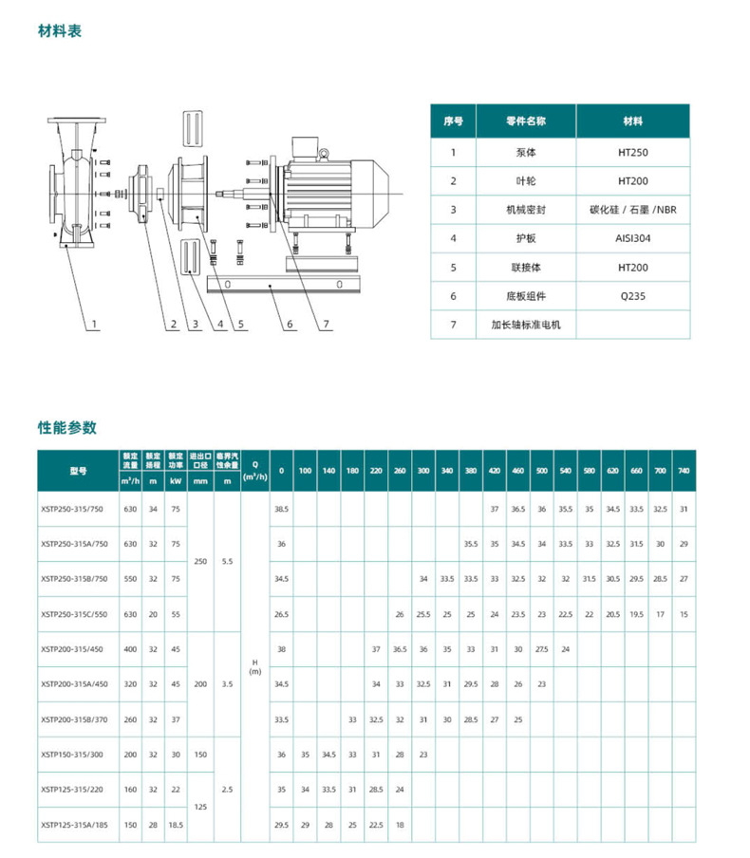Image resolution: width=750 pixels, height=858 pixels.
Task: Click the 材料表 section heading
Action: pyautogui.click(x=60, y=31)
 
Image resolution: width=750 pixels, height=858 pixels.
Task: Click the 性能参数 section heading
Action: pyautogui.click(x=67, y=427)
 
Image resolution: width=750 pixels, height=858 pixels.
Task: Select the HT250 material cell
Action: pyautogui.click(x=632, y=152)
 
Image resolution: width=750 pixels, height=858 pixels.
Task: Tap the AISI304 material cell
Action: pyautogui.click(x=632, y=239)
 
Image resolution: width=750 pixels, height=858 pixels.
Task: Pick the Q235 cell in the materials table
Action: pyautogui.click(x=632, y=296)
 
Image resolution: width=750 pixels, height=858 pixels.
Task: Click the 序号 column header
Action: pyautogui.click(x=453, y=122)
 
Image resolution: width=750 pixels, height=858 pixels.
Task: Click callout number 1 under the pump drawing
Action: pyautogui.click(x=96, y=325)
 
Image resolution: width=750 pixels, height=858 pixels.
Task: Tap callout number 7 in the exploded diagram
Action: pyautogui.click(x=326, y=325)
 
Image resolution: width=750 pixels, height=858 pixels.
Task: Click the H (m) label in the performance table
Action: pyautogui.click(x=254, y=666)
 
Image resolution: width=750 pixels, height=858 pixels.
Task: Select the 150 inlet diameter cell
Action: pyautogui.click(x=200, y=755)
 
